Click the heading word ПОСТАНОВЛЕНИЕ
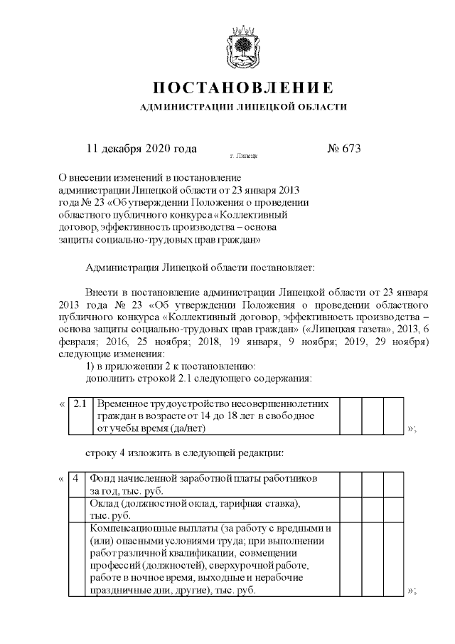243,88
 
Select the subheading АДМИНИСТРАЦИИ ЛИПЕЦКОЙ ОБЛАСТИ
243,107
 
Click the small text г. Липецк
243,154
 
